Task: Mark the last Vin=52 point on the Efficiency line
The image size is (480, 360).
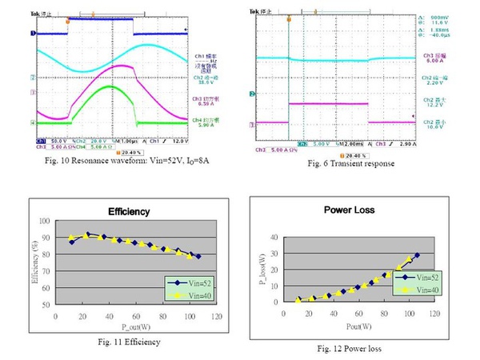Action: point(198,256)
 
